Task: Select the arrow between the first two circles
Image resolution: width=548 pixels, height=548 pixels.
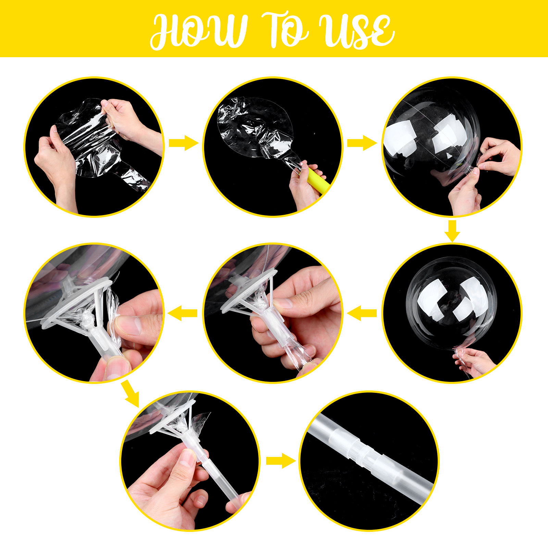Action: [184, 142]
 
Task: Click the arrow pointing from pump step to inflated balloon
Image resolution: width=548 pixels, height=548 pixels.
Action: [362, 142]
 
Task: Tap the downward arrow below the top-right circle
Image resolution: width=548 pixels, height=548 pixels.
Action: [452, 231]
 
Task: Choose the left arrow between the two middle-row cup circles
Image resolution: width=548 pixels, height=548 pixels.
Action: [183, 313]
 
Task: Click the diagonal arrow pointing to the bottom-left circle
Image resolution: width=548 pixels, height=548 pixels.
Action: [130, 393]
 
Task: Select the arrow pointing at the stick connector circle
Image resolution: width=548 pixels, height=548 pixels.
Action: [281, 461]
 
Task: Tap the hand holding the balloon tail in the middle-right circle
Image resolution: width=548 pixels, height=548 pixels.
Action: [474, 361]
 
